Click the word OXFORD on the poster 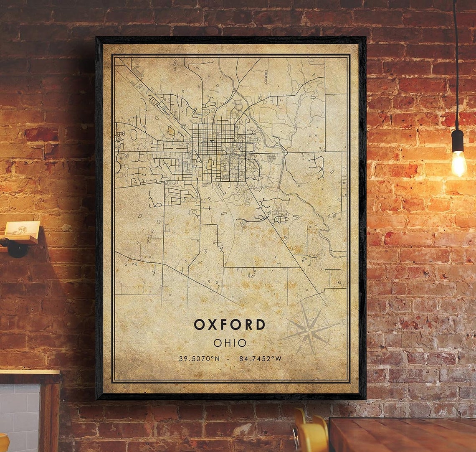229,325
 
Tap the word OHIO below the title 230,343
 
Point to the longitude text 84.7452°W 261,358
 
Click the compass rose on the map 310,330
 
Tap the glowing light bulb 458,163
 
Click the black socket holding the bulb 458,141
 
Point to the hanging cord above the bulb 456,63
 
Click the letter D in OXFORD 260,325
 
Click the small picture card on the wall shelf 23,230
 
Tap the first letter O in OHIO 218,343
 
